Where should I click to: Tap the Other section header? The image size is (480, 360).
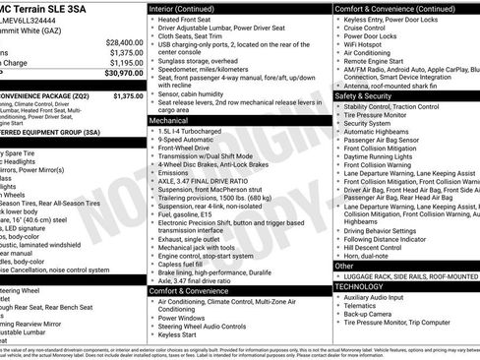pyautogui.click(x=343, y=266)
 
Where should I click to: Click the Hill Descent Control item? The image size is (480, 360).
pyautogui.click(x=383, y=246)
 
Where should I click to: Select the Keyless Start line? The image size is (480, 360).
pyautogui.click(x=186, y=333)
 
